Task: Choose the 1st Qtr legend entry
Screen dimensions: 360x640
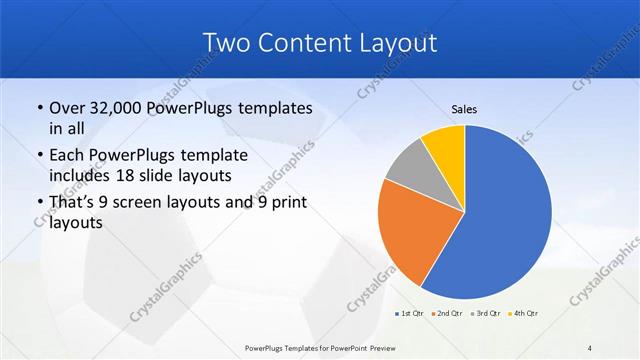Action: [409, 314]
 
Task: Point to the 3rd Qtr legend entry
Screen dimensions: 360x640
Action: [487, 314]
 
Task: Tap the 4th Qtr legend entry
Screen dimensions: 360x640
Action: [526, 314]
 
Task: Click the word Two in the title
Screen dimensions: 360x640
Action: [226, 43]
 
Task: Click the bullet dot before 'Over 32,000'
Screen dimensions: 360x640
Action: [38, 108]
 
